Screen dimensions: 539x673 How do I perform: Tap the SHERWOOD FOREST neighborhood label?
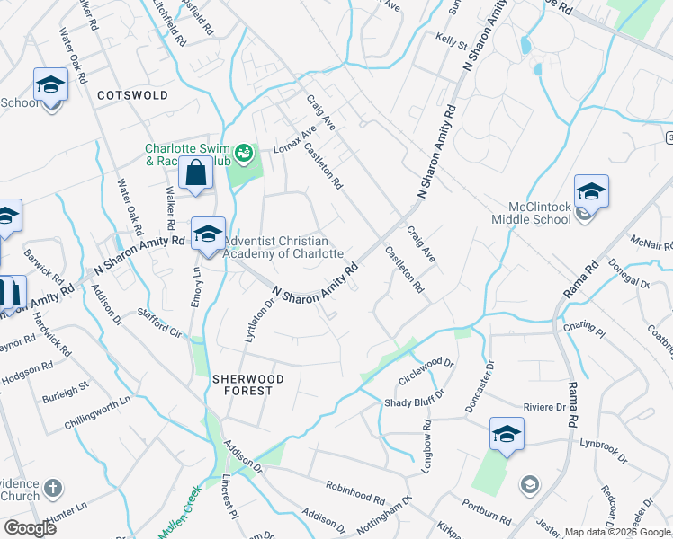click(x=247, y=386)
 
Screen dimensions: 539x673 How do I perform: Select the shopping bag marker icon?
click(x=195, y=172)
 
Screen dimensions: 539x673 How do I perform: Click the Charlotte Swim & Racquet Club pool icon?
click(x=243, y=155)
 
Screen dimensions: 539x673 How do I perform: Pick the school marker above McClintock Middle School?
click(x=591, y=191)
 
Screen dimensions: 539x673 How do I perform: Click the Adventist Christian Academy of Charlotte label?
click(x=283, y=247)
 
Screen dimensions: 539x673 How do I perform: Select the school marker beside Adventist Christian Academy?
click(x=208, y=235)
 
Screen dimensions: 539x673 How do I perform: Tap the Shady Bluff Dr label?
click(x=416, y=402)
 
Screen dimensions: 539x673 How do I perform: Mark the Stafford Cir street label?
click(x=159, y=321)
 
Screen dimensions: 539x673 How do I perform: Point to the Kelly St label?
click(x=451, y=41)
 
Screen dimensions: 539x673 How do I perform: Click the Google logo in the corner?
click(x=30, y=528)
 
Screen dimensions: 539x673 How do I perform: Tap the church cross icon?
click(x=54, y=490)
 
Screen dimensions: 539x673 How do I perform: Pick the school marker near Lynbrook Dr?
click(x=507, y=434)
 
